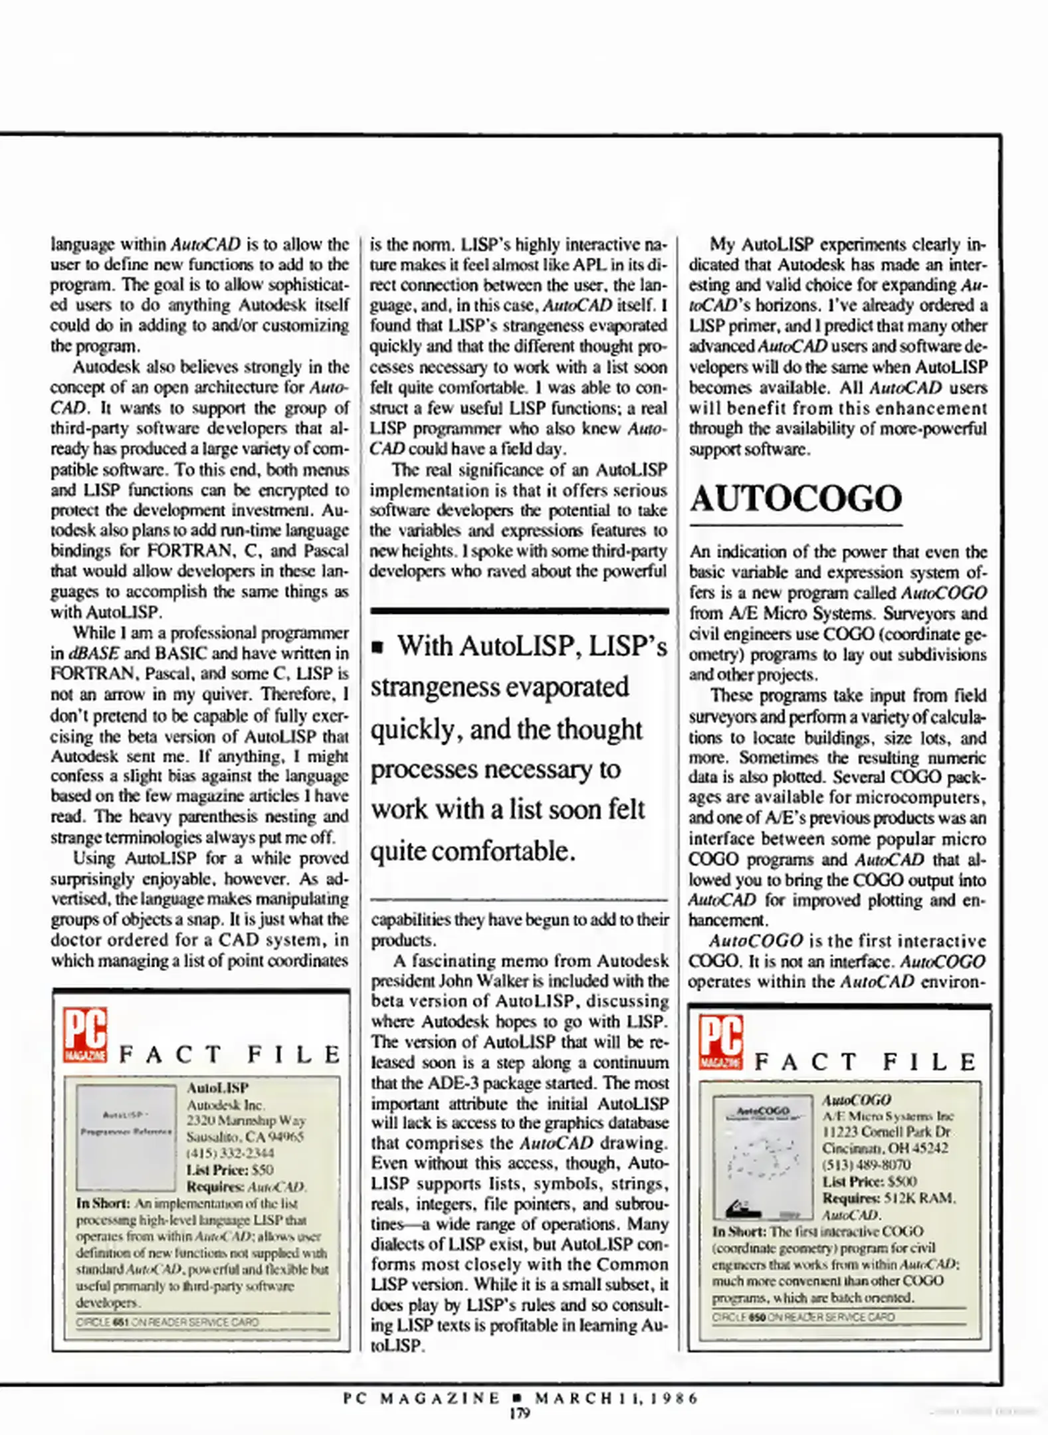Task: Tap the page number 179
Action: click(x=519, y=1412)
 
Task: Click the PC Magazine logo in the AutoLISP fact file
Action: click(x=85, y=1035)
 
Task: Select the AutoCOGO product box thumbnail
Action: click(x=762, y=1157)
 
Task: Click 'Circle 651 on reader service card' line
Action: click(x=167, y=1322)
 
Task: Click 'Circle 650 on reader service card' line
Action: click(x=803, y=1317)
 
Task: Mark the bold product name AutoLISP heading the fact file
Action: click(x=217, y=1088)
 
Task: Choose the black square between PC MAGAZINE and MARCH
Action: click(x=518, y=1398)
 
